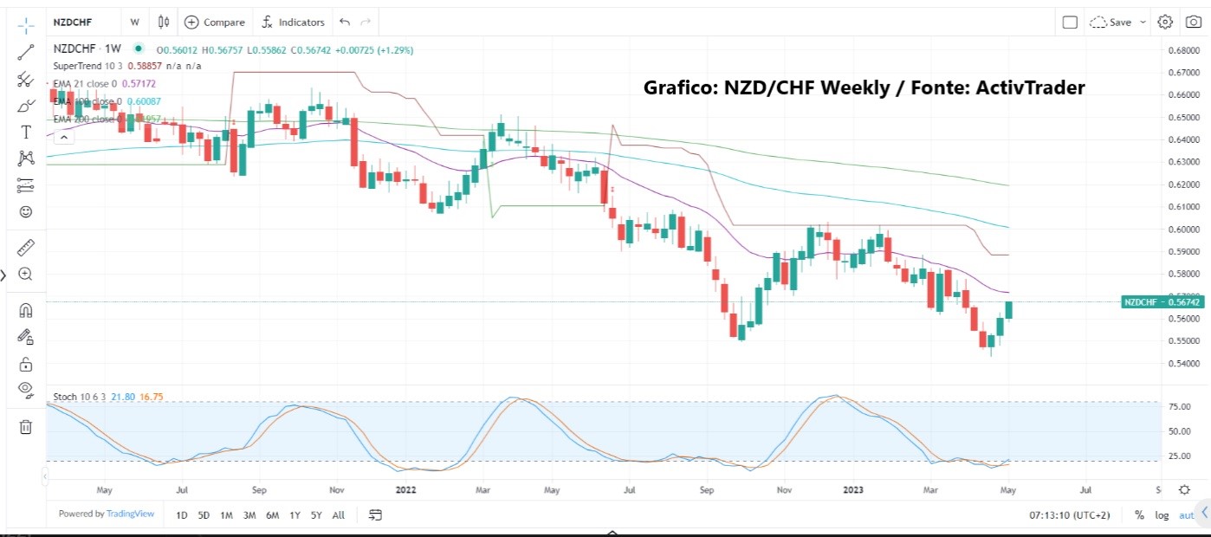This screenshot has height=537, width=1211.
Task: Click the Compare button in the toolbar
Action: [x=215, y=22]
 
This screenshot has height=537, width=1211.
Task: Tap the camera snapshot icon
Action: [x=1193, y=22]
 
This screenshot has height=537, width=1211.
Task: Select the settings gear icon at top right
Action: [x=1165, y=22]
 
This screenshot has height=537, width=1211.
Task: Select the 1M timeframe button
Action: [x=226, y=515]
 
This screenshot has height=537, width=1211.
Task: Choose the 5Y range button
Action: [x=316, y=515]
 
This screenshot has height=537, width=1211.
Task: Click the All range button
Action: [x=339, y=515]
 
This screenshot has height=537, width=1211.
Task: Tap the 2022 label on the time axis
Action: [x=406, y=489]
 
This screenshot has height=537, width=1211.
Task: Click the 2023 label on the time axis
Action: [x=854, y=489]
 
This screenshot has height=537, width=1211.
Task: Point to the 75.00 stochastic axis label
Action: [x=1176, y=406]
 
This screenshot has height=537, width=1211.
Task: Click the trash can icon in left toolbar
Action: [x=26, y=426]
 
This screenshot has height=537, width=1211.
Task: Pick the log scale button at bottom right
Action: [x=1162, y=515]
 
